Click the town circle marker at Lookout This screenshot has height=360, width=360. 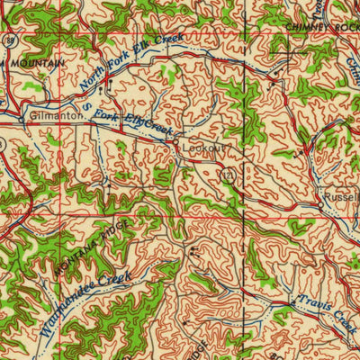click(x=177, y=141)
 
